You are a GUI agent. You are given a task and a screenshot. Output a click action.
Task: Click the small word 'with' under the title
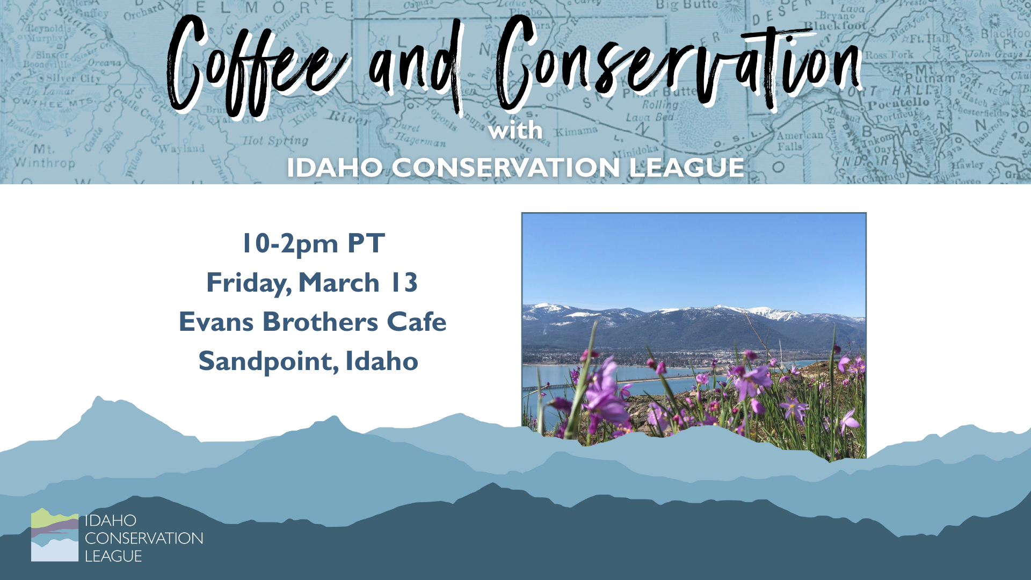(515, 131)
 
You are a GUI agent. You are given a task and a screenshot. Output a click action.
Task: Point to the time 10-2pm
(290, 244)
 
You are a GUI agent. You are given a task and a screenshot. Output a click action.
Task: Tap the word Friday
(249, 283)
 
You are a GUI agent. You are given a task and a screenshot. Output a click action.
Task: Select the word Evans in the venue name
(216, 322)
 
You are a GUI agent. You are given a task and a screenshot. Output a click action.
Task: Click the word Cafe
(416, 322)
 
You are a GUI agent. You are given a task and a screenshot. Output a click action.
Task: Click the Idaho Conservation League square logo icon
(55, 535)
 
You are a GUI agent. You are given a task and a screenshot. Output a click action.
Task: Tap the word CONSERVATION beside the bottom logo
(144, 538)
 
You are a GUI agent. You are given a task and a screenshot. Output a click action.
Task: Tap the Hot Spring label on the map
(275, 141)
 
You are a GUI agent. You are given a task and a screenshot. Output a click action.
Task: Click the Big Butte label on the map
(687, 5)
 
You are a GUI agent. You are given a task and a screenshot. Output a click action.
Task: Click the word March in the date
(339, 283)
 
